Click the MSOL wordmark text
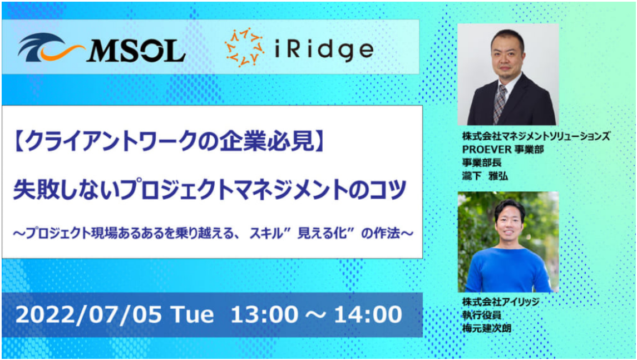(x=136, y=51)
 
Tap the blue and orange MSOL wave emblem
(x=51, y=48)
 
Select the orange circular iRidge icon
(x=245, y=47)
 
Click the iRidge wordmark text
(x=324, y=50)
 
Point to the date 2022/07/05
(x=88, y=314)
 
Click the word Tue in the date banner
(x=192, y=314)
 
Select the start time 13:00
(x=264, y=314)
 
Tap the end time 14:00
(x=368, y=314)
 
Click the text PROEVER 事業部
(x=503, y=150)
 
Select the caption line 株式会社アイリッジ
(x=501, y=302)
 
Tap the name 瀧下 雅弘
(x=485, y=176)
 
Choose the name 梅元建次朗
(x=487, y=328)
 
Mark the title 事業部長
(x=482, y=162)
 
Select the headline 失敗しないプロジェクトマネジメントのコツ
(x=210, y=190)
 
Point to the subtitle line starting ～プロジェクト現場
(x=213, y=233)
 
